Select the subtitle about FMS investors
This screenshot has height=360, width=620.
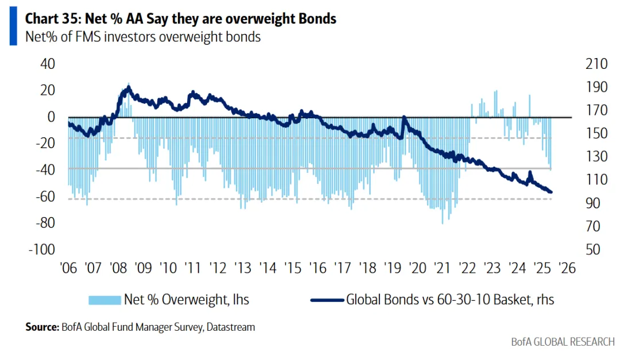(143, 37)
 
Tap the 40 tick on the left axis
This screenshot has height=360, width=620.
(46, 64)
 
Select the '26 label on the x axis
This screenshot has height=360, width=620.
(566, 268)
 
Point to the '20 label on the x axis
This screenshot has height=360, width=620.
(418, 268)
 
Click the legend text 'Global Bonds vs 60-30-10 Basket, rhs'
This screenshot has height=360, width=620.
(449, 300)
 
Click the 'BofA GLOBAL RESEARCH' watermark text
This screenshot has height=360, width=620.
(562, 342)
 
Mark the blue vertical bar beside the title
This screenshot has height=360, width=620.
(13, 27)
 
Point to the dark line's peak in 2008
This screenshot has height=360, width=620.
(128, 88)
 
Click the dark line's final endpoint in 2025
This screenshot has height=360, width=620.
(551, 192)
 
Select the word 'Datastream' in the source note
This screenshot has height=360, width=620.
(232, 327)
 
